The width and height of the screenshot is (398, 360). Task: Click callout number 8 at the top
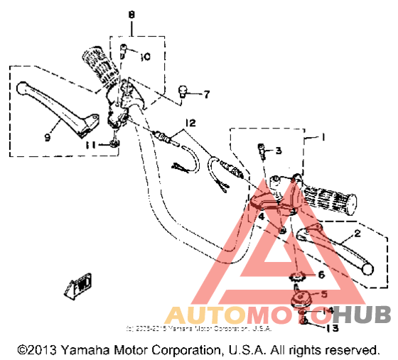(x=131, y=14)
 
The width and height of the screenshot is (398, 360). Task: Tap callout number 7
(x=207, y=93)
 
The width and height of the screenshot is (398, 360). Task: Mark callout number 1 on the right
(x=322, y=136)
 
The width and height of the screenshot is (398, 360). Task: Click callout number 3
(x=279, y=151)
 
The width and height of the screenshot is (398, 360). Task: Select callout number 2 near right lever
(x=357, y=233)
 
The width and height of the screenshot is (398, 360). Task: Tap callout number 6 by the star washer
(x=321, y=274)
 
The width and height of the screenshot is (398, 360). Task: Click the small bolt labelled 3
(x=261, y=150)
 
